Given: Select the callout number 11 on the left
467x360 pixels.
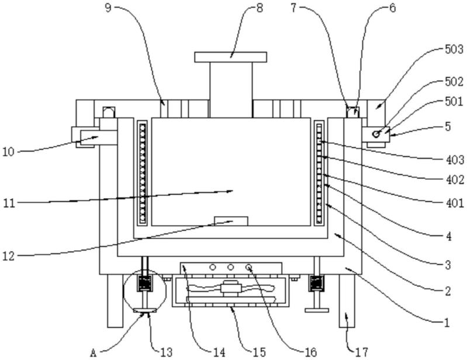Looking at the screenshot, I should (x=8, y=203).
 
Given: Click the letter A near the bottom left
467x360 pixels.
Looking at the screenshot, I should (x=93, y=352).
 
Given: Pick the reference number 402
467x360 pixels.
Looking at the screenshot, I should (x=453, y=181).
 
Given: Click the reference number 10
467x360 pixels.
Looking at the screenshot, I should (x=8, y=152).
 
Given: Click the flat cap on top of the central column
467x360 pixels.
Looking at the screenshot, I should (x=230, y=57).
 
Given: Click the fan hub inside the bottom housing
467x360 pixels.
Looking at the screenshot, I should (x=232, y=288).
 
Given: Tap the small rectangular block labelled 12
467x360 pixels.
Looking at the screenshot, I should (x=231, y=220).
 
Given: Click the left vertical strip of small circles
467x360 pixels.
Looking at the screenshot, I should (x=142, y=173).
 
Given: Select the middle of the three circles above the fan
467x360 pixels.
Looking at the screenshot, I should (x=231, y=267).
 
